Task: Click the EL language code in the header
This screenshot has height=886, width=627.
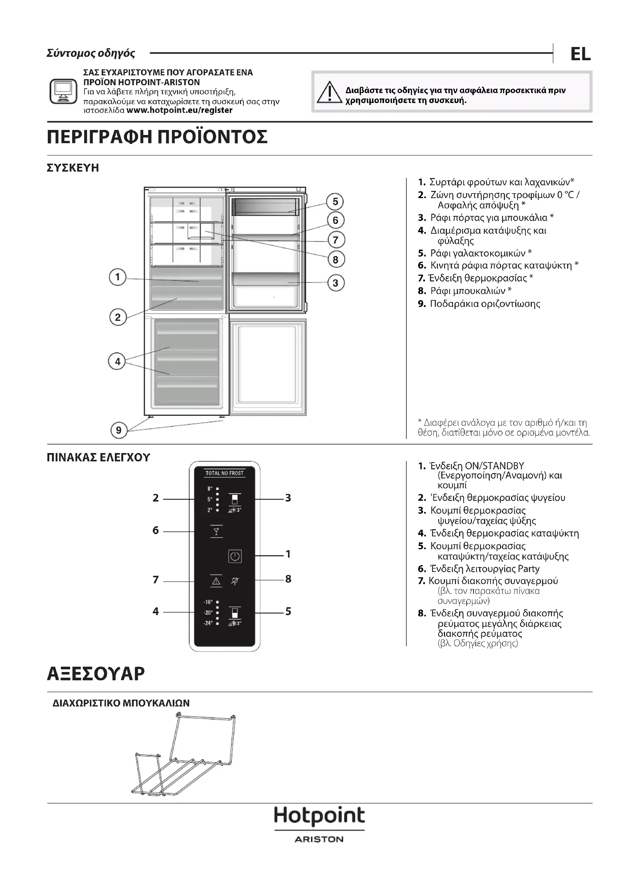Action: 580,54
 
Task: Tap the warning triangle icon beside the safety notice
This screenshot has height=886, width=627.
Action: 329,92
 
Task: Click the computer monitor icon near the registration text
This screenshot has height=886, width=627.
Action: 63,91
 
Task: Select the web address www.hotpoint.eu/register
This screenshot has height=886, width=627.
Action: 180,110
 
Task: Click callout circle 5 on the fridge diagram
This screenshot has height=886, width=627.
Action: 335,202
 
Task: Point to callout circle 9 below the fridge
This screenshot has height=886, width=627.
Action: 119,430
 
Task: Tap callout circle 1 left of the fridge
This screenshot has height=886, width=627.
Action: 118,277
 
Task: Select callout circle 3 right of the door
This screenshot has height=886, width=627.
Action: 335,283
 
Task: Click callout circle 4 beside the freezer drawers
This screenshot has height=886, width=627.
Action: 118,362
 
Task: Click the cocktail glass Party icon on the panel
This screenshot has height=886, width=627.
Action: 216,531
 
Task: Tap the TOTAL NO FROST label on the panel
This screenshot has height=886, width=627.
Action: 224,473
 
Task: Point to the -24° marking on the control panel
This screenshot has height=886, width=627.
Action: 208,623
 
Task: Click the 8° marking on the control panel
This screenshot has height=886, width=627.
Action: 210,489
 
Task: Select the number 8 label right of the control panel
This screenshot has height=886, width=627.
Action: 288,579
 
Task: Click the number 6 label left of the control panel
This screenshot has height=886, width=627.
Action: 155,530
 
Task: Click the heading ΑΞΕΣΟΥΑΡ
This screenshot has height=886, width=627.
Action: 96,674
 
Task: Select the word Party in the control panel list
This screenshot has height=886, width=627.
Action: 528,569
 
